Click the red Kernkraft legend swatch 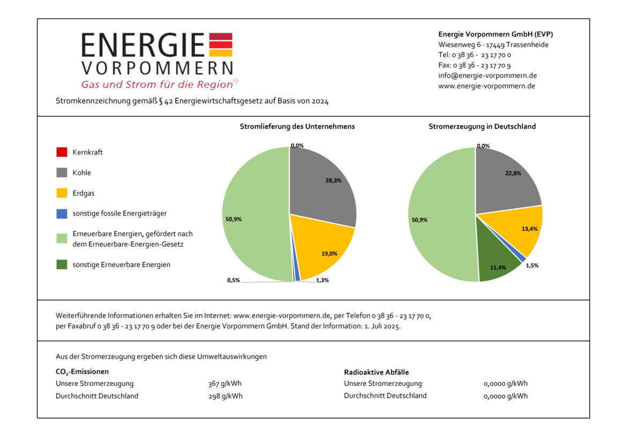point(62,152)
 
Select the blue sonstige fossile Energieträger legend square point(62,214)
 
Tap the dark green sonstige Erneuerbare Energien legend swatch point(62,265)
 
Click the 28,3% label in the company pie point(333,181)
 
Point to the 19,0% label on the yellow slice point(329,253)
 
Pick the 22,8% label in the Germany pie point(513,173)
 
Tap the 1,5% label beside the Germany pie point(532,266)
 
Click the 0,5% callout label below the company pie point(233,280)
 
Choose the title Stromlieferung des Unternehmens point(297,127)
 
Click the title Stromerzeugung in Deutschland point(482,127)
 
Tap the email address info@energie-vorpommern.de point(487,76)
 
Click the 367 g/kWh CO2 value point(225,384)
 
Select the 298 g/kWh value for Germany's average point(225,396)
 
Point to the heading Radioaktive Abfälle point(376,372)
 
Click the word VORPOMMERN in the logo point(157,68)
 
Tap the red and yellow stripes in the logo point(220,45)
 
